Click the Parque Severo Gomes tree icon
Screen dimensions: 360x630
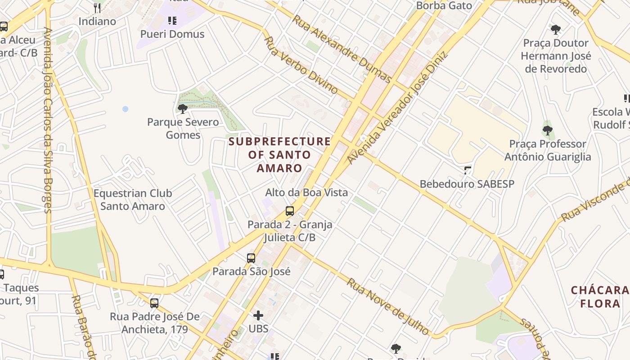point(182,109)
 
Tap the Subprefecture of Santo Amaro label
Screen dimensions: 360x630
point(279,155)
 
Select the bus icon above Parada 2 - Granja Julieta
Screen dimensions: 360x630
point(290,211)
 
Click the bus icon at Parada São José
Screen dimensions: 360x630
point(251,258)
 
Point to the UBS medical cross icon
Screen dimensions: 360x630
point(258,315)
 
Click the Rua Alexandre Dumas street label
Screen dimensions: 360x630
point(342,49)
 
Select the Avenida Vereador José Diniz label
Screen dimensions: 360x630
point(397,108)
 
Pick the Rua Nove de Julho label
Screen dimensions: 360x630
point(387,306)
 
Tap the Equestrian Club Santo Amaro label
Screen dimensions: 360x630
point(133,200)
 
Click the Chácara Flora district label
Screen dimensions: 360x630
point(600,297)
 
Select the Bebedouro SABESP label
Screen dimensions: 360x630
point(467,184)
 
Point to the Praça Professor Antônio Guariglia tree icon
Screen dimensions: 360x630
point(547,130)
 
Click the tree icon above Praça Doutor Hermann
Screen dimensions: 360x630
point(556,30)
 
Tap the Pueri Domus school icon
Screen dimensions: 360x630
point(172,20)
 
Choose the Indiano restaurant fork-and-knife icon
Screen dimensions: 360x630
point(97,8)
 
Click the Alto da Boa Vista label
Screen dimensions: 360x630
point(306,193)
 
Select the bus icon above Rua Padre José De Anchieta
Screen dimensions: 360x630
point(154,303)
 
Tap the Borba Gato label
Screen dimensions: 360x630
point(444,6)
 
